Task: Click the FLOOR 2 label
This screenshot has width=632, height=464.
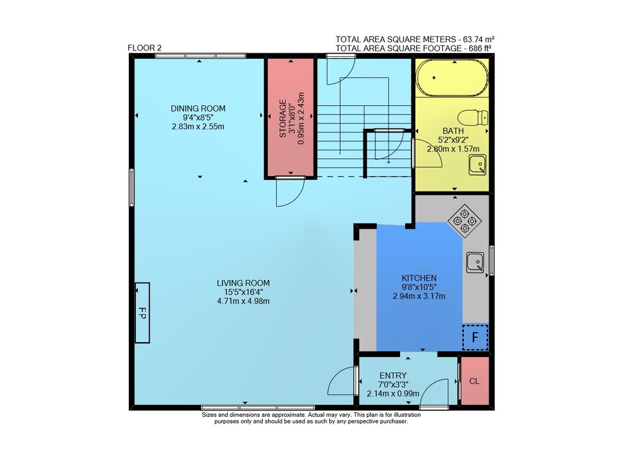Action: pos(144,48)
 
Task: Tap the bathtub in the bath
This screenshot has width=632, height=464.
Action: pos(452,78)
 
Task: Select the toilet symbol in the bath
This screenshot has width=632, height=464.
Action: pos(473,117)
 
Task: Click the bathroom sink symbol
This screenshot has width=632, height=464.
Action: pos(477,165)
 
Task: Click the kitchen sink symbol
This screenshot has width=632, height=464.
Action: pos(475,263)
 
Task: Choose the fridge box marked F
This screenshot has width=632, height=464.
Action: pos(475,337)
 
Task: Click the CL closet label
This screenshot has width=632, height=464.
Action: pos(475,381)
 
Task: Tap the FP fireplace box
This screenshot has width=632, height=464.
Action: pos(142,313)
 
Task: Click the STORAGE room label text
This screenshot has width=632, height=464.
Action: pos(283,119)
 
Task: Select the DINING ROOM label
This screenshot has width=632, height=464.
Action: pos(198,109)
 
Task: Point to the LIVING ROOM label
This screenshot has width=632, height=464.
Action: pos(243,283)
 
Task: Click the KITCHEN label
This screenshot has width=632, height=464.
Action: pos(419,278)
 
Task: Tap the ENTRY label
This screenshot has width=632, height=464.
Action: pos(393,376)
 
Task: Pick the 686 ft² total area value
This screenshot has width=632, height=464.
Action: pos(480,49)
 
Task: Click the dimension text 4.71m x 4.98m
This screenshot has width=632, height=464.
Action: pos(243,301)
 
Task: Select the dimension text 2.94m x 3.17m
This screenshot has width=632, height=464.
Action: pos(419,296)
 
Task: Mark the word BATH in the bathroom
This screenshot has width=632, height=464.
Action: pos(453,131)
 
